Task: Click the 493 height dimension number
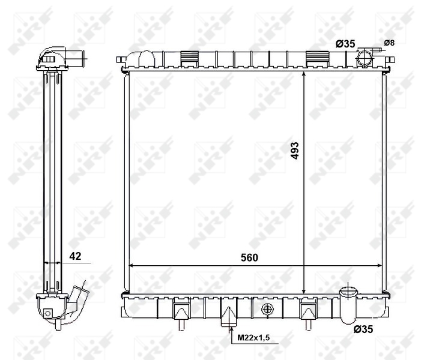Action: [x=295, y=151]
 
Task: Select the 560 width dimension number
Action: [x=249, y=258]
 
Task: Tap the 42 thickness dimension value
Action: [x=76, y=256]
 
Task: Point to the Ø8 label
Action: [x=389, y=43]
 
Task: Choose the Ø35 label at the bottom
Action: [x=364, y=329]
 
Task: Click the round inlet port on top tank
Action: [x=365, y=59]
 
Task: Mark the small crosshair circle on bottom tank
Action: [x=268, y=309]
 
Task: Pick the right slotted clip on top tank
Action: [x=315, y=58]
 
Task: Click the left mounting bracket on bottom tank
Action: [x=181, y=313]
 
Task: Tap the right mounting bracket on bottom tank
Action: [x=307, y=313]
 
